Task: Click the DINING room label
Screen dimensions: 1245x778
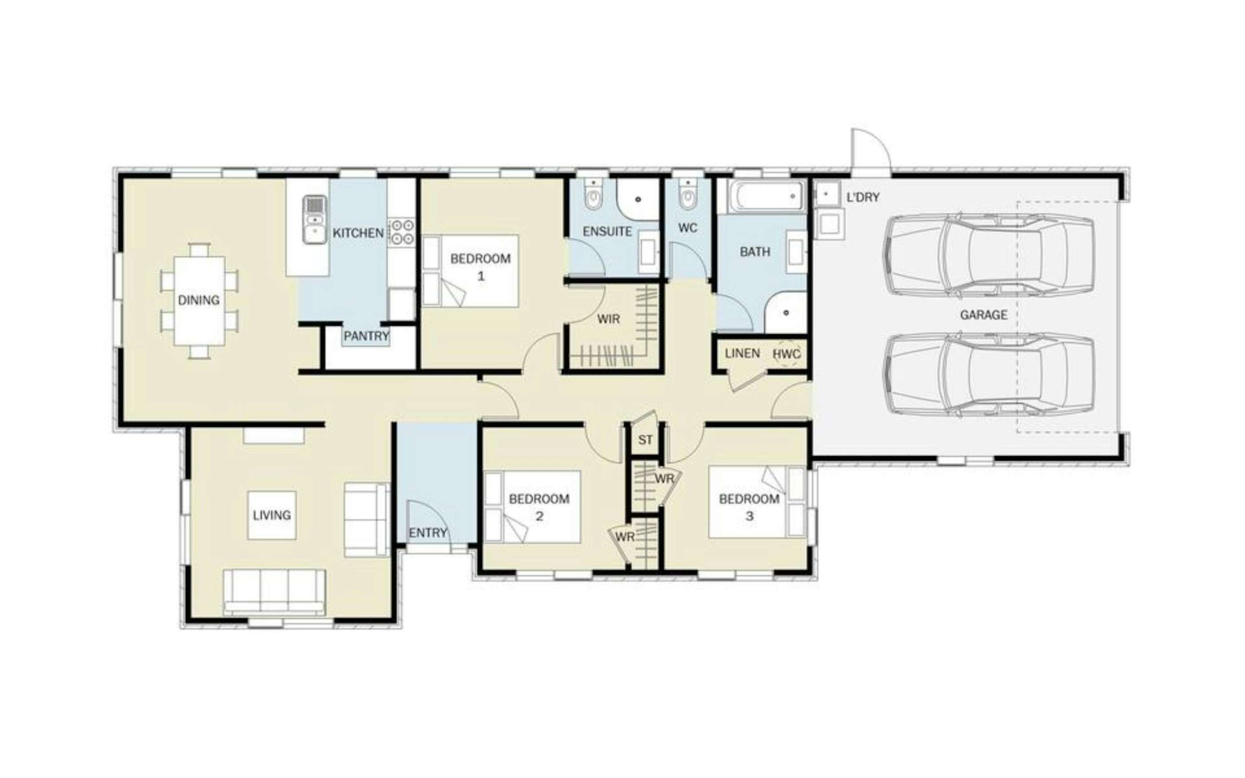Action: (199, 300)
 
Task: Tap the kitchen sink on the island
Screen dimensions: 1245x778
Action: (314, 219)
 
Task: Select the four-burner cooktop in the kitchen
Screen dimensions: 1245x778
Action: (402, 232)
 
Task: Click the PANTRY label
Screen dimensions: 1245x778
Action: (366, 337)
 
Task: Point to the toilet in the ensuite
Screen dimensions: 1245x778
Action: (594, 195)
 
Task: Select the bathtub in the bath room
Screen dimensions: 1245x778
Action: (766, 196)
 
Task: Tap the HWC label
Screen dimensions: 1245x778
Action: (787, 354)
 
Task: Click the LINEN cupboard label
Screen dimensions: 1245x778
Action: (743, 353)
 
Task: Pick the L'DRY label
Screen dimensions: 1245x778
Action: (863, 197)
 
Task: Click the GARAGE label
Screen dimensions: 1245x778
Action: (984, 315)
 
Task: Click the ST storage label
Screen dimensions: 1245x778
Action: (645, 440)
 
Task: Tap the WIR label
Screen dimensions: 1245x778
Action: (609, 319)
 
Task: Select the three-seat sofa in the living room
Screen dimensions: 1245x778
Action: (274, 592)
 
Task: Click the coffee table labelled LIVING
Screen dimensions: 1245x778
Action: (272, 515)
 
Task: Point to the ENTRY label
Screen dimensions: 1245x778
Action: (428, 533)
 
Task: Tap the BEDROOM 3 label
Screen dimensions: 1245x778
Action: (749, 507)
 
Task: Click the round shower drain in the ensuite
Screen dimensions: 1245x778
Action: (639, 199)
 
